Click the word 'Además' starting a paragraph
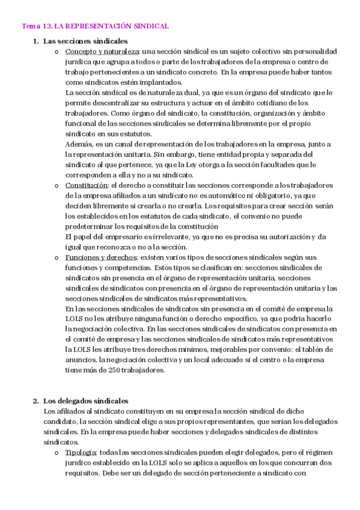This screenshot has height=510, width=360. [78, 144]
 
